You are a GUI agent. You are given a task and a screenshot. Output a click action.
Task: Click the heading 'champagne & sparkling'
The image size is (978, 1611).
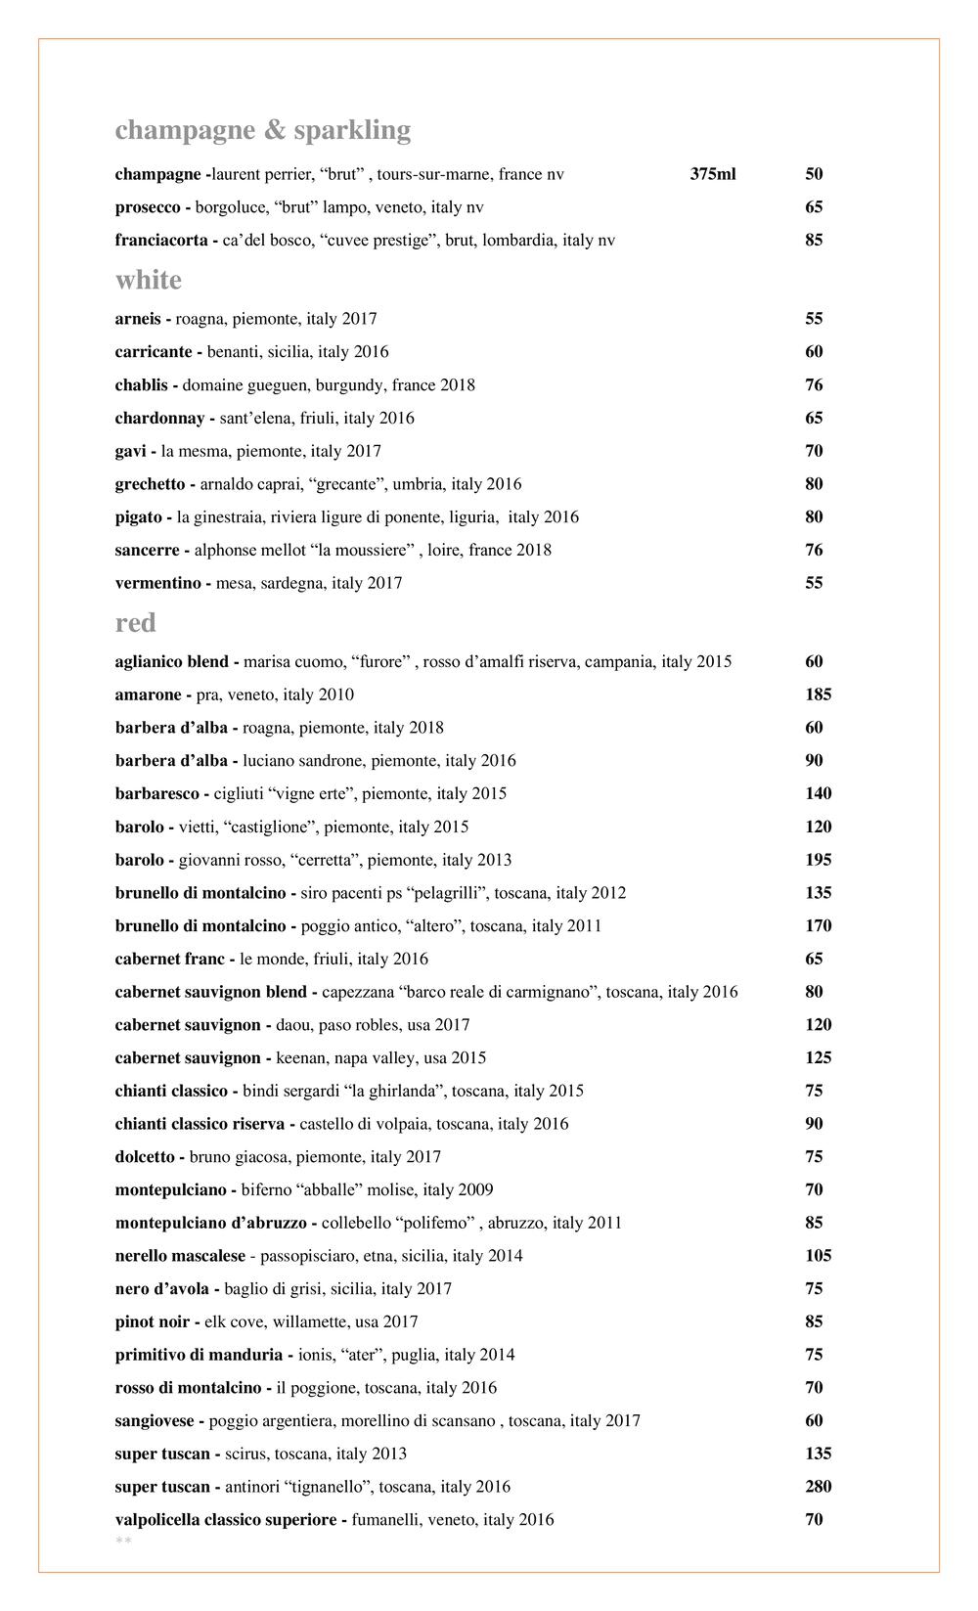click(262, 130)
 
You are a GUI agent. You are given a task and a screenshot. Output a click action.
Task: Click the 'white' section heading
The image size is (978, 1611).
click(149, 281)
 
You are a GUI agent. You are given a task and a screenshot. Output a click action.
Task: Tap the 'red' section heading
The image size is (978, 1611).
click(136, 623)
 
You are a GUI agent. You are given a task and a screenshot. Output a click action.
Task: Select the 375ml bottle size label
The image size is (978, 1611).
click(713, 175)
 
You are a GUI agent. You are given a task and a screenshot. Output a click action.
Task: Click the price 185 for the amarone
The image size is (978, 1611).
click(819, 695)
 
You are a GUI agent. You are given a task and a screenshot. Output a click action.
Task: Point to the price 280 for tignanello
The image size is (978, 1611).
click(819, 1488)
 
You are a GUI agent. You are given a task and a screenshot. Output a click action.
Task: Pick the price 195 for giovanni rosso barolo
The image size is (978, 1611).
click(819, 861)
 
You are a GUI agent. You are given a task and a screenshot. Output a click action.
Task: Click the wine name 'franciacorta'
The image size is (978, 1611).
click(161, 241)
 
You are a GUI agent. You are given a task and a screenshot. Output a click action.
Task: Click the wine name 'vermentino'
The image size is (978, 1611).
click(157, 584)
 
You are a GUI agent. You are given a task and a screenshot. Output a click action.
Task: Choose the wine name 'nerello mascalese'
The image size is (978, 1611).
click(180, 1256)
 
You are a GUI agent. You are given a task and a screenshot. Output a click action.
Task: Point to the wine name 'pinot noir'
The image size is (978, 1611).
click(153, 1322)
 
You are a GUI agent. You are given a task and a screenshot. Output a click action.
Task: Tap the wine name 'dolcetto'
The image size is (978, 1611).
click(145, 1157)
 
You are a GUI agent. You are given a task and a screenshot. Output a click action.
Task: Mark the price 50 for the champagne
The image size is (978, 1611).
click(814, 175)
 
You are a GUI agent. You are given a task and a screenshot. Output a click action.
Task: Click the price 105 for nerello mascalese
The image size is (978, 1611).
click(819, 1256)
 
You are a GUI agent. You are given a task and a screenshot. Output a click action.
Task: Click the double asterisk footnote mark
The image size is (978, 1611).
click(123, 1543)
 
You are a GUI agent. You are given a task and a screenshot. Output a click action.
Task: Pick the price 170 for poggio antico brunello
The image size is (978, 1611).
click(819, 926)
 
